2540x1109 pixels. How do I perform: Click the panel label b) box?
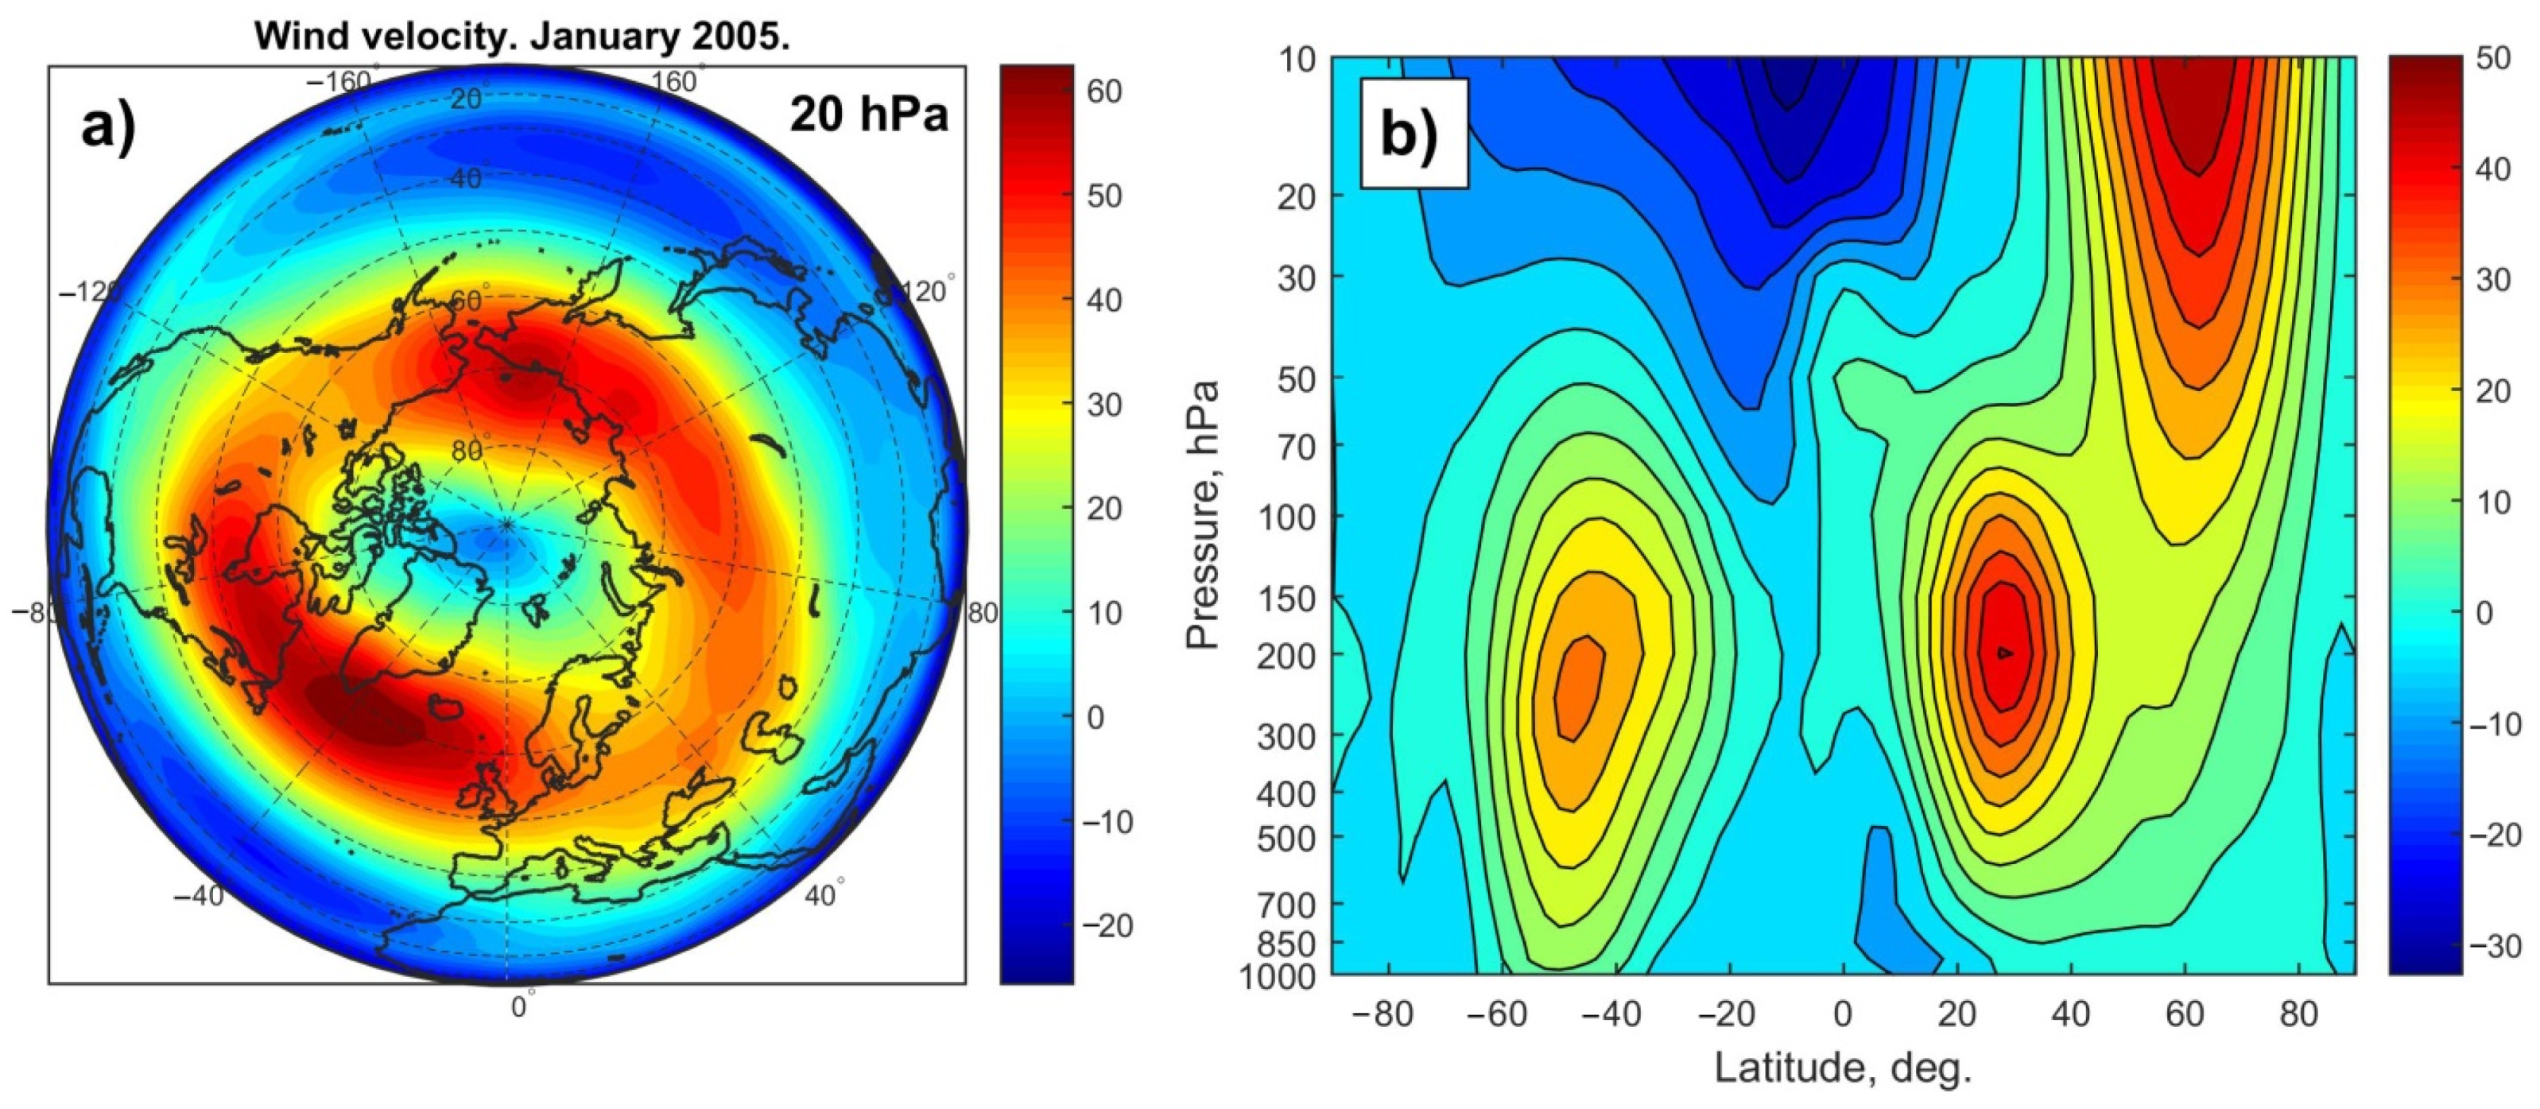tap(1413, 133)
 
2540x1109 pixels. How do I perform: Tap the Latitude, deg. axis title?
tap(1843, 1068)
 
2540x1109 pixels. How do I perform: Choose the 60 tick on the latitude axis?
tap(2184, 1014)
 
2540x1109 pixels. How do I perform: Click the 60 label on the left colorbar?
tap(1104, 91)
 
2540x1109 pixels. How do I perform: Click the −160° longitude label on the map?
tap(340, 82)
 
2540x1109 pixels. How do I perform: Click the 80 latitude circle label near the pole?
tap(467, 451)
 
